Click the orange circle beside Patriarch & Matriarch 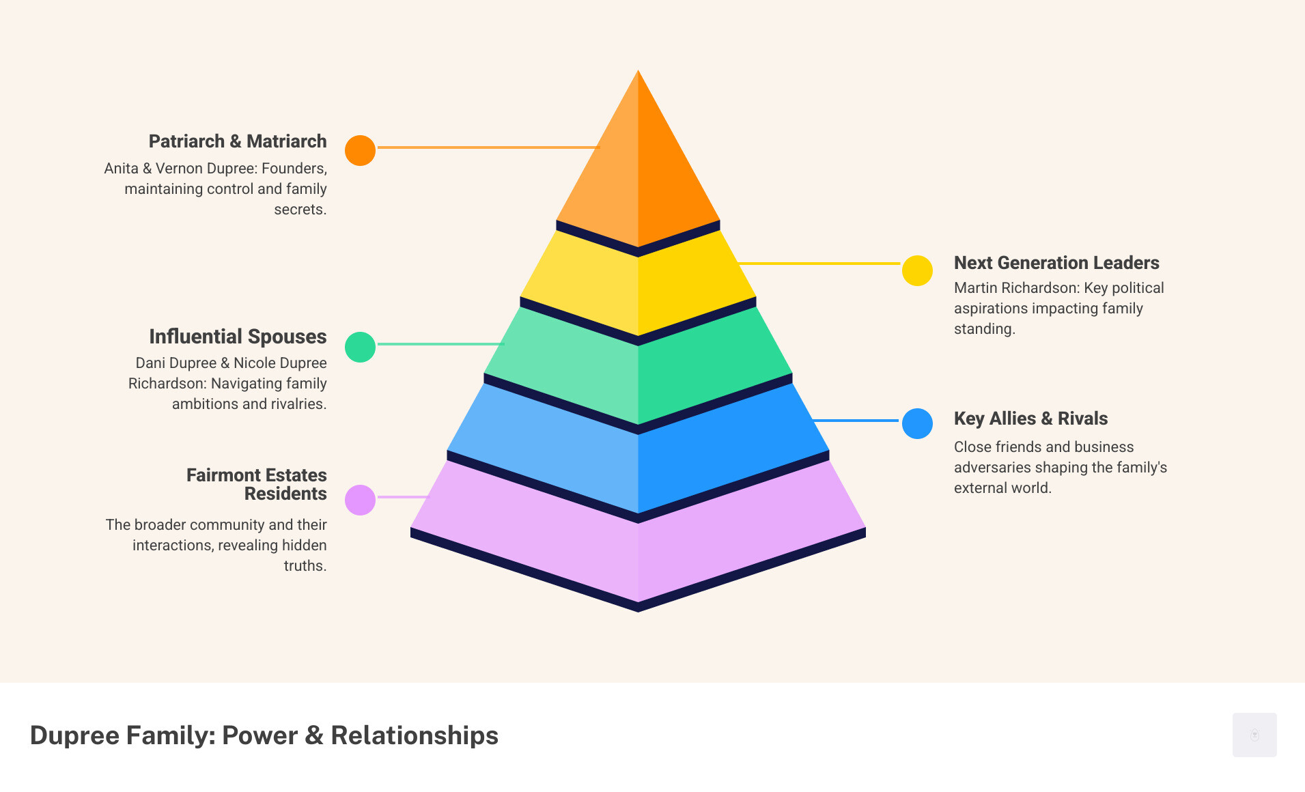pos(360,150)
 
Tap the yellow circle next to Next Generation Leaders pos(917,270)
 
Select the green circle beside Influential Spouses pos(360,347)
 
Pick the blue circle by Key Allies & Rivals pos(917,423)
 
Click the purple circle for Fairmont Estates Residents pos(360,500)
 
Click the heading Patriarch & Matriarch pos(238,141)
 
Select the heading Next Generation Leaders pos(1056,263)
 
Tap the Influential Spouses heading pos(238,337)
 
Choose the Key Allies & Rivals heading pos(1030,419)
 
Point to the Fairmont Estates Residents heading pos(257,484)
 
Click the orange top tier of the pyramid pos(638,164)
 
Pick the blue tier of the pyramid pos(638,451)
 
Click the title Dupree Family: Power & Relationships pos(264,735)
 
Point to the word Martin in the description pos(975,288)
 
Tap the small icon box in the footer pos(1254,735)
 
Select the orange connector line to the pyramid pos(488,147)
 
